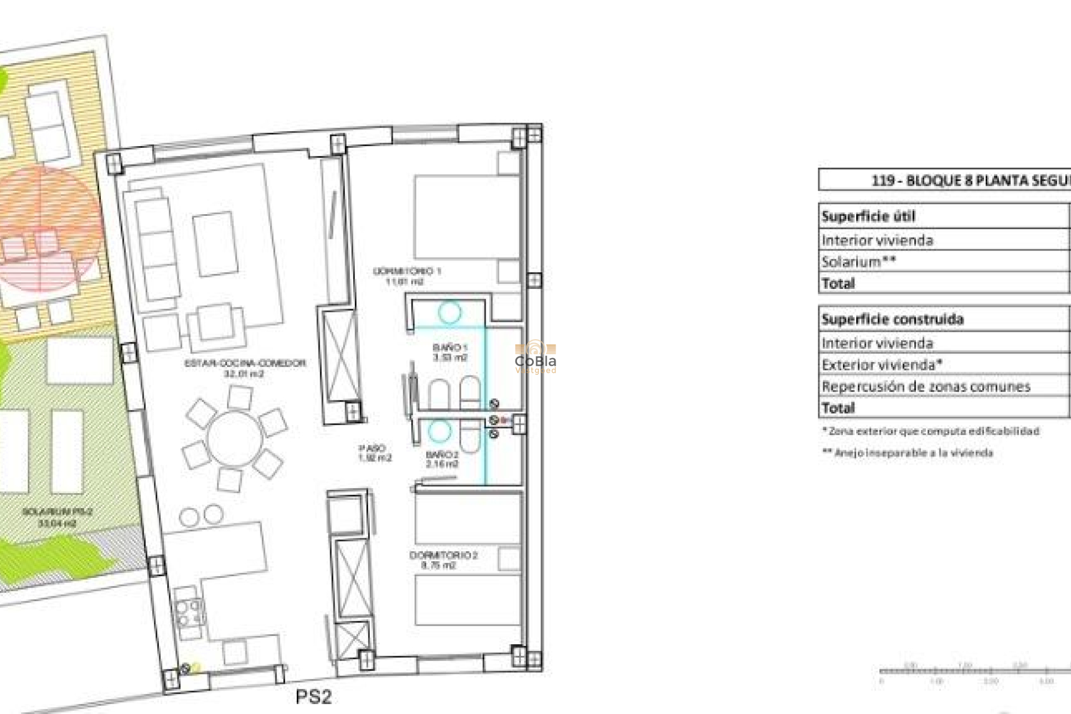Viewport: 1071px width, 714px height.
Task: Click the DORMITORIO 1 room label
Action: click(407, 276)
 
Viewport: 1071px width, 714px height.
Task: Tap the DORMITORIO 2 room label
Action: click(443, 560)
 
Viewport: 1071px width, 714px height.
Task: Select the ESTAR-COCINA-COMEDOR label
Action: click(245, 368)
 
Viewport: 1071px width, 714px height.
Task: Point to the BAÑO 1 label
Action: click(450, 353)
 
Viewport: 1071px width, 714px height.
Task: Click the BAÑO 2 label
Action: click(442, 459)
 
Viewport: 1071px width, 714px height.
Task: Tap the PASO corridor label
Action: click(374, 453)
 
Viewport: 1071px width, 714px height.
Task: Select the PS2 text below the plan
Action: click(313, 697)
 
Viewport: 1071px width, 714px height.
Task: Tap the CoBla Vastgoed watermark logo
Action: click(535, 358)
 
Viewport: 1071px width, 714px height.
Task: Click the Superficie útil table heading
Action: click(868, 216)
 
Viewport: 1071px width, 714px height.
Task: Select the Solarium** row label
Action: click(858, 262)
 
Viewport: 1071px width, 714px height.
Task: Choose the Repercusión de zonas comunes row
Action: click(926, 387)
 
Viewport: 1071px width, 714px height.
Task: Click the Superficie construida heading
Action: click(893, 320)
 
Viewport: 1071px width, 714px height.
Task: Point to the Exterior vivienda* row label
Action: click(882, 365)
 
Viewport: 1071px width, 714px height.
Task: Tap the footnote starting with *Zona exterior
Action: click(930, 431)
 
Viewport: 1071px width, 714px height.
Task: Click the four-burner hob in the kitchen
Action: click(188, 612)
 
